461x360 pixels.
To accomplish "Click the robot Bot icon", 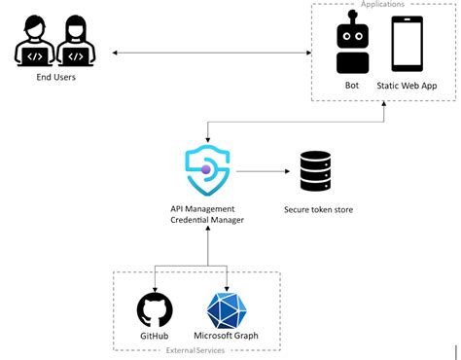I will click(x=351, y=45).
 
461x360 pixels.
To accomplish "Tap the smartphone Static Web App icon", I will click(x=407, y=44).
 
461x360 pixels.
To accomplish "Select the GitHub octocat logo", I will click(x=155, y=310).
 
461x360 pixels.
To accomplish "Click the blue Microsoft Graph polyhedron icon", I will click(x=227, y=310).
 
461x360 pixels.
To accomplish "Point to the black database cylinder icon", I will click(x=315, y=171).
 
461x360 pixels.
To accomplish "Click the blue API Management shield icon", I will click(x=207, y=170).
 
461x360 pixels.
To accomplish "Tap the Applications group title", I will click(x=382, y=5).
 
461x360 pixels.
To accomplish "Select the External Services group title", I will click(x=196, y=350).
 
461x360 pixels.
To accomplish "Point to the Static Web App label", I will click(x=408, y=86).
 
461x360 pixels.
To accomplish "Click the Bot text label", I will click(x=351, y=86).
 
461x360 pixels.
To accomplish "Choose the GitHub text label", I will click(x=155, y=337).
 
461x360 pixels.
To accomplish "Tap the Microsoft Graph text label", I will click(x=227, y=337).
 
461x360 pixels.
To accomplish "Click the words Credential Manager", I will click(x=207, y=221).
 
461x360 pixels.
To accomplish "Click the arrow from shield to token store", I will click(x=262, y=171).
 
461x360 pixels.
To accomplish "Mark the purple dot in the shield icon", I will click(x=205, y=170).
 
